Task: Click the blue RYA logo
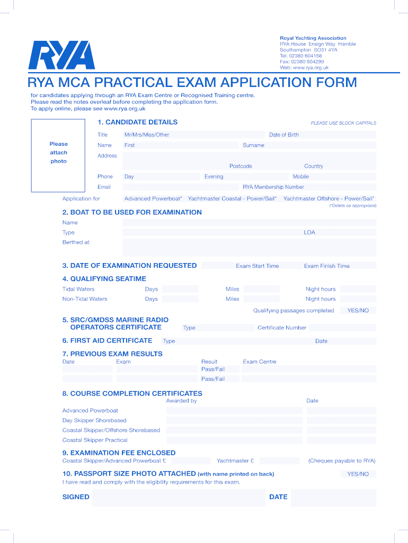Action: (x=61, y=55)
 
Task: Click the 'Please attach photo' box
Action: (x=58, y=153)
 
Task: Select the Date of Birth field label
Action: (x=283, y=135)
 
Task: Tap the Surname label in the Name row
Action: (x=253, y=145)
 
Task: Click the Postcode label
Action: (x=241, y=166)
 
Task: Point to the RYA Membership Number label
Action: (x=273, y=187)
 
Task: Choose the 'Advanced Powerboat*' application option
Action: (x=153, y=199)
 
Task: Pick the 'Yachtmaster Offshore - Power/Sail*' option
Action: (x=329, y=199)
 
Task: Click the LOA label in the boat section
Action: (x=309, y=232)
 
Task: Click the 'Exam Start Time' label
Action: (x=257, y=266)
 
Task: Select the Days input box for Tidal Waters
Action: (x=180, y=289)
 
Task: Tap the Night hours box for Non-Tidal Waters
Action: (x=358, y=299)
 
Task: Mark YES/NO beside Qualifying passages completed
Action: (x=358, y=311)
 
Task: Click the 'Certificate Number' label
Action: (x=282, y=328)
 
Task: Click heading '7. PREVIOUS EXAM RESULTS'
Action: (x=112, y=354)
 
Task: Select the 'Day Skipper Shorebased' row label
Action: (x=94, y=421)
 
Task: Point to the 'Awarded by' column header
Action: (x=181, y=401)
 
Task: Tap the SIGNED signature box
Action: (x=178, y=497)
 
